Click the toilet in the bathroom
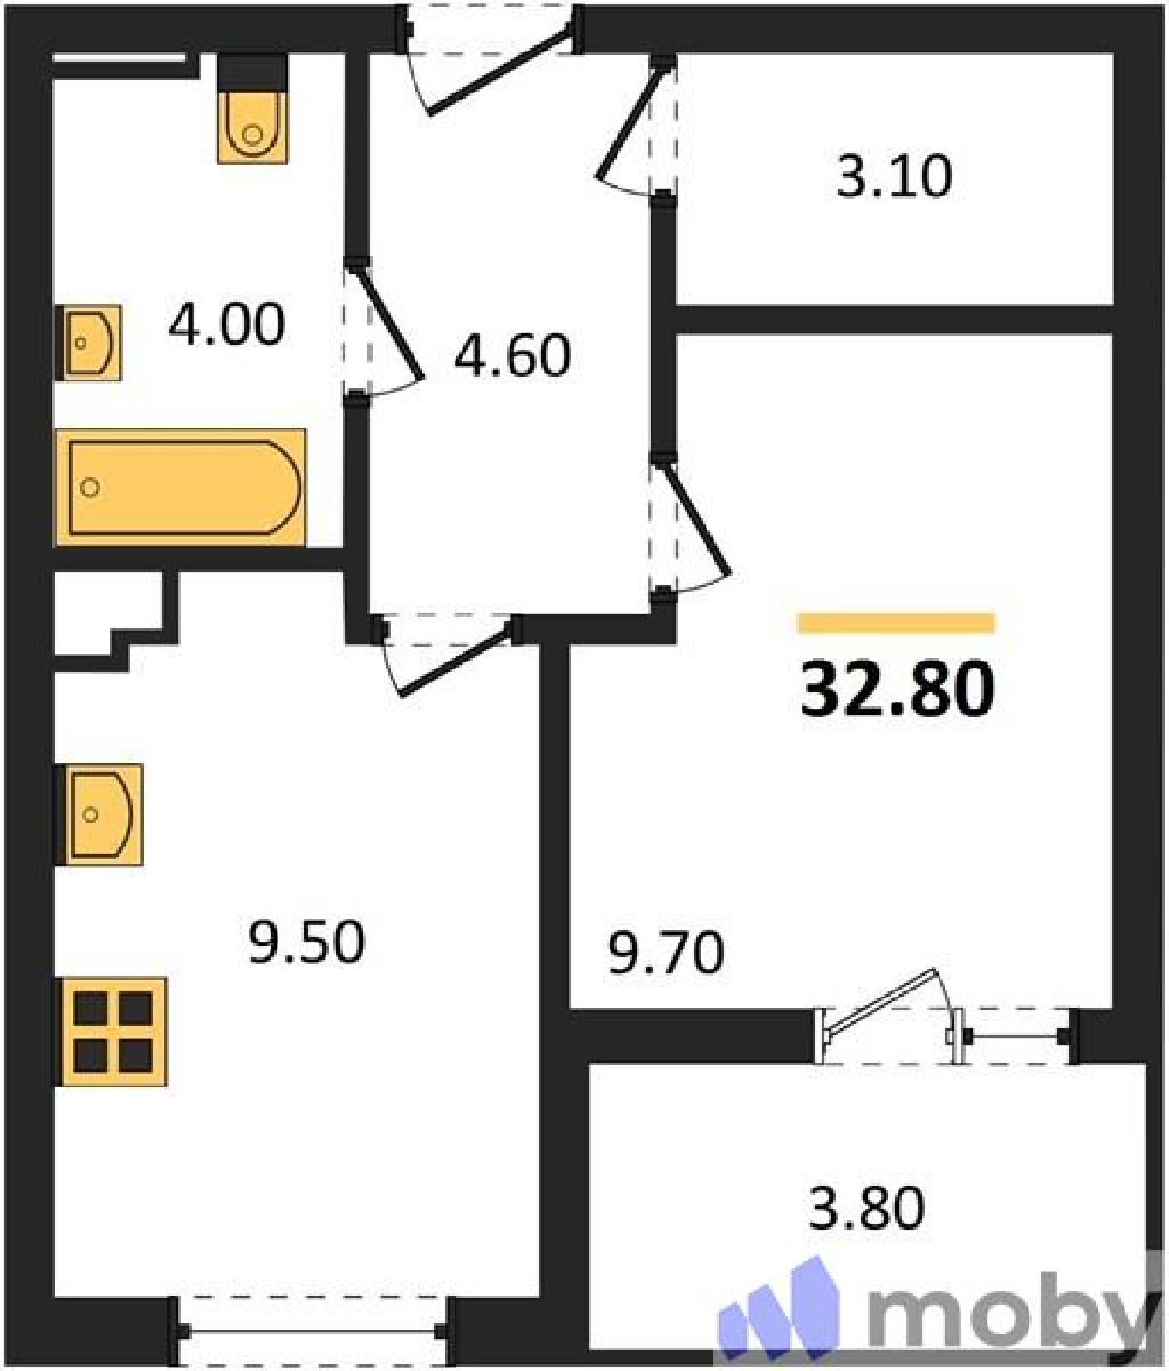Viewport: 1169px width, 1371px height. (252, 108)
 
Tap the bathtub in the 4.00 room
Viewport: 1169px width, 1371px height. (180, 488)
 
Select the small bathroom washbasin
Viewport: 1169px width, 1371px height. (88, 343)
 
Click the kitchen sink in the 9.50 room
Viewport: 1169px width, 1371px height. (98, 814)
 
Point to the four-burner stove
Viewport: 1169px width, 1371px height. (110, 1032)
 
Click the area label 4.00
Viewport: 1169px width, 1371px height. (226, 326)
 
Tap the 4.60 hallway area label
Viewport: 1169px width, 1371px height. (512, 356)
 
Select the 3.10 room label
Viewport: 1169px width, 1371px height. (893, 177)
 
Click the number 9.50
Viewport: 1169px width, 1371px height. (307, 942)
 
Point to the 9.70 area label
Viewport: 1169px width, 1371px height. (666, 953)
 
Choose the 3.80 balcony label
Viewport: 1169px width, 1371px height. (867, 1208)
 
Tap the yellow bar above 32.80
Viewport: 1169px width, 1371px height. (896, 623)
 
